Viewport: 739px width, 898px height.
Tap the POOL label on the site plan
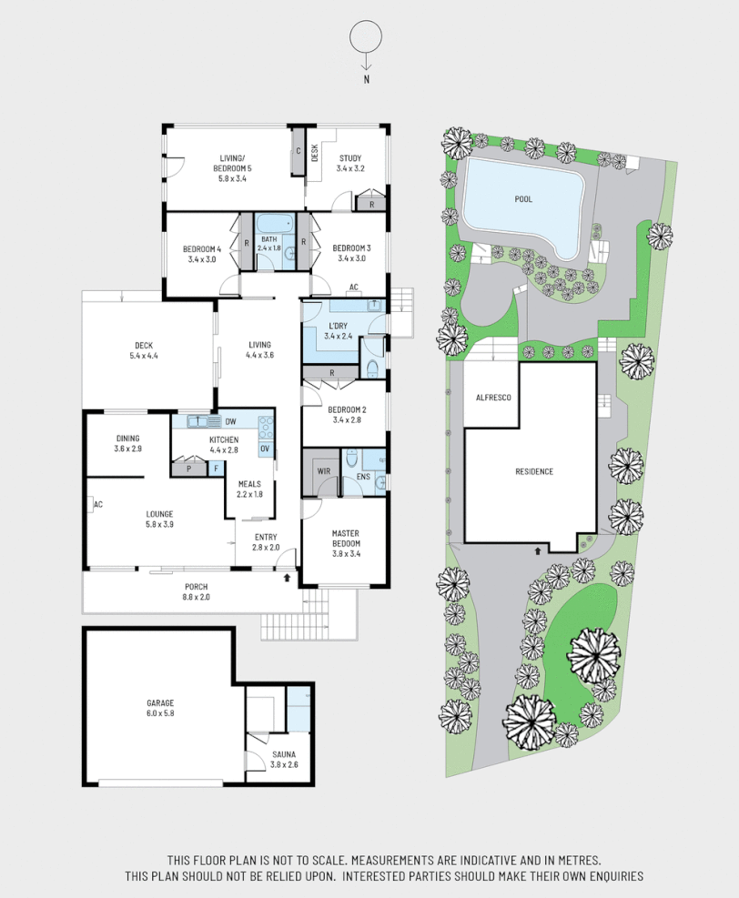click(522, 199)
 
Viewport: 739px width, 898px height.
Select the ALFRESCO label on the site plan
click(491, 398)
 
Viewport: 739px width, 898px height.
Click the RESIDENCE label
click(534, 471)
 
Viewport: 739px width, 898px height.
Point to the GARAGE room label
click(160, 702)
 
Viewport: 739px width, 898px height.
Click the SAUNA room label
click(283, 754)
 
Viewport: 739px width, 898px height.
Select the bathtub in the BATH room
click(274, 223)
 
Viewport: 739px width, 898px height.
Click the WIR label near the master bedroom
click(324, 471)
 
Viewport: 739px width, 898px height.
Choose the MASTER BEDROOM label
click(347, 538)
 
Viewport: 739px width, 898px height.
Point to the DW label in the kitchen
click(231, 421)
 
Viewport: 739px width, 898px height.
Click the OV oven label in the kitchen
click(265, 449)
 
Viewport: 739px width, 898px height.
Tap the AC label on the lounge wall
click(97, 504)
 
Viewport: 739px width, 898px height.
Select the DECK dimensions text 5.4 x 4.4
click(143, 356)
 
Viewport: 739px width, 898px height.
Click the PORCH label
click(197, 586)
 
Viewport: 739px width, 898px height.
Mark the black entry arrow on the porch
click(289, 577)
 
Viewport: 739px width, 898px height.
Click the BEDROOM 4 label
click(201, 248)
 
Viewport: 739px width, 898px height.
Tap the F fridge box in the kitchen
click(216, 469)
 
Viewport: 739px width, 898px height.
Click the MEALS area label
click(250, 484)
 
